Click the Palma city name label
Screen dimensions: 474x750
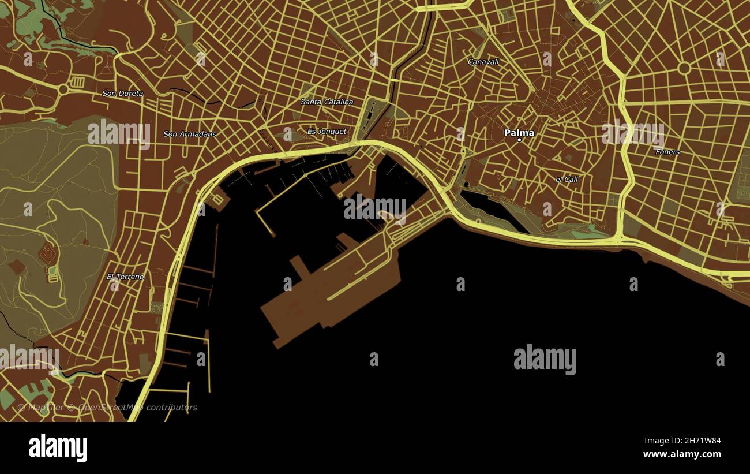[519, 133]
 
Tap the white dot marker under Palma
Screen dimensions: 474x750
[519, 140]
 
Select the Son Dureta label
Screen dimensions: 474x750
[123, 93]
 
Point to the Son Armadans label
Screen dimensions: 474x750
[190, 134]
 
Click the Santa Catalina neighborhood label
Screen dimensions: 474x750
[327, 102]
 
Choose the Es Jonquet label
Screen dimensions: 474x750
[327, 132]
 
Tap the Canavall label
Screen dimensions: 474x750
[483, 61]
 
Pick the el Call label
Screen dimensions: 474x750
[567, 180]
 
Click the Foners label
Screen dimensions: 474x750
[667, 152]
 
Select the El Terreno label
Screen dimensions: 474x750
[126, 277]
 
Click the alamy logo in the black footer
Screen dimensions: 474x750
[58, 448]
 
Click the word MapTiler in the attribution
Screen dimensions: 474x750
[44, 408]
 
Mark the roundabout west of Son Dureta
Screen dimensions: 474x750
[62, 89]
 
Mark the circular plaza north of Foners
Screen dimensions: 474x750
[684, 68]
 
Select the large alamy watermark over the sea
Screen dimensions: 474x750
[545, 359]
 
